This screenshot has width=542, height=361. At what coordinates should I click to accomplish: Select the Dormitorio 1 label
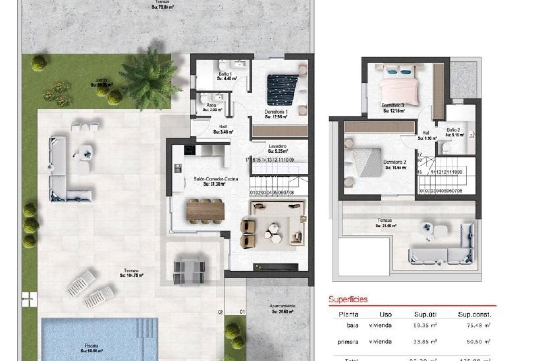(x=276, y=112)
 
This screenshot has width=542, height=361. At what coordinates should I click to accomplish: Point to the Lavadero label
(x=277, y=146)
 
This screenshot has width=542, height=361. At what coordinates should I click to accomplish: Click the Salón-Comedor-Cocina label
(x=216, y=179)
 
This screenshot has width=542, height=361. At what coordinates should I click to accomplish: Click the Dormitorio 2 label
(x=395, y=162)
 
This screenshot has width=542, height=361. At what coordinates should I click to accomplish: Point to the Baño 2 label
(x=453, y=130)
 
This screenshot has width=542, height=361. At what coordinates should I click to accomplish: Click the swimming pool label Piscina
(x=91, y=346)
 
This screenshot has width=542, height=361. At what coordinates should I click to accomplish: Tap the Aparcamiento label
(x=282, y=306)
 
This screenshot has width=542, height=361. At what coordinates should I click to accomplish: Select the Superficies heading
(x=348, y=299)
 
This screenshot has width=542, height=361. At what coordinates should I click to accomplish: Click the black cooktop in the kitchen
(x=190, y=150)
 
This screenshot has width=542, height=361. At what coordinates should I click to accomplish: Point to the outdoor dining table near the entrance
(x=189, y=269)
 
